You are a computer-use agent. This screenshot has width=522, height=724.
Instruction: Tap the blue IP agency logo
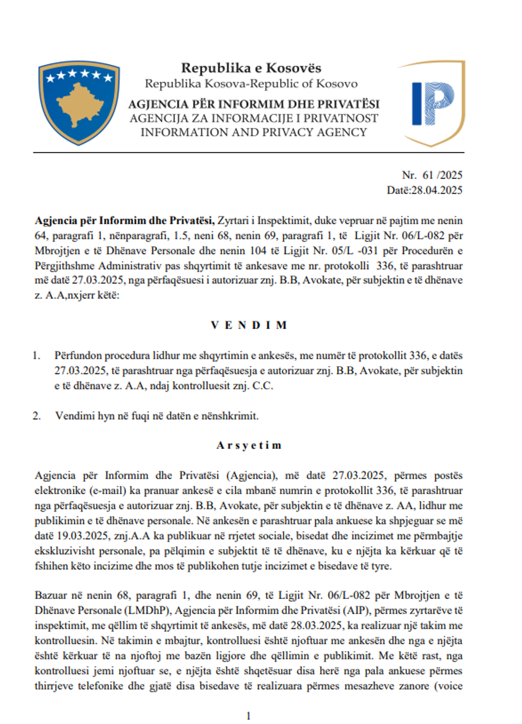pos(433,103)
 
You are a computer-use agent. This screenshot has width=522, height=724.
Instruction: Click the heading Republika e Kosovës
pos(251,68)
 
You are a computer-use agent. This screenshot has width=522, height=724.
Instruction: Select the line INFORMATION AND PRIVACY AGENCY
pos(254,132)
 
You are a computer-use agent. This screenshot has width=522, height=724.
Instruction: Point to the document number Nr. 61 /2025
pos(432,175)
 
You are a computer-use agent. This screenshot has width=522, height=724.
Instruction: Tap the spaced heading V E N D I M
pos(249,325)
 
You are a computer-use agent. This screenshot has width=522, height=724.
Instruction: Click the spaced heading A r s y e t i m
pos(249,445)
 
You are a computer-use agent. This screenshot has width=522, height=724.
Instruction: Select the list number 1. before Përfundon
pos(36,355)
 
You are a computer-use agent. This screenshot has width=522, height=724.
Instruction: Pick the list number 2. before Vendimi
pos(36,415)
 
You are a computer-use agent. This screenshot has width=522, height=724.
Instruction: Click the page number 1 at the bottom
pos(248,715)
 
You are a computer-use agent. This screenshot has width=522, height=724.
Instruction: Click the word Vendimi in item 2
pos(75,415)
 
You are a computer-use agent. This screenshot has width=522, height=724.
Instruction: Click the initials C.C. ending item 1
pos(263,386)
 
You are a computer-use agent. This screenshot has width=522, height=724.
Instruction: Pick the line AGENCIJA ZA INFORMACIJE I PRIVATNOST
pos(254,118)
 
